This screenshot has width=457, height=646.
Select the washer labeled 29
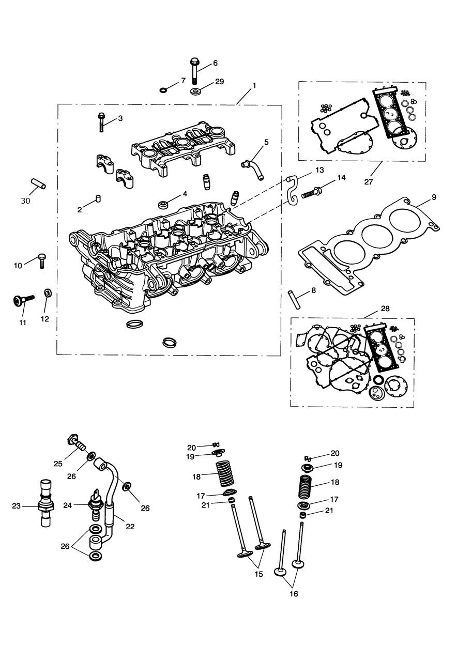click(196, 92)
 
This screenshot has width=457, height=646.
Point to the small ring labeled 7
click(163, 90)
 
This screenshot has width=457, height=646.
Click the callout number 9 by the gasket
click(434, 197)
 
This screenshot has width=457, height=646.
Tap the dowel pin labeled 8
click(294, 299)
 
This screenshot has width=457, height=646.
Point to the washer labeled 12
click(47, 294)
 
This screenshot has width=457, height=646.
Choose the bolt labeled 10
click(42, 259)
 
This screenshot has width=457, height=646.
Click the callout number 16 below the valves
click(293, 594)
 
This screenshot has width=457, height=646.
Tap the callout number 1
click(254, 84)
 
